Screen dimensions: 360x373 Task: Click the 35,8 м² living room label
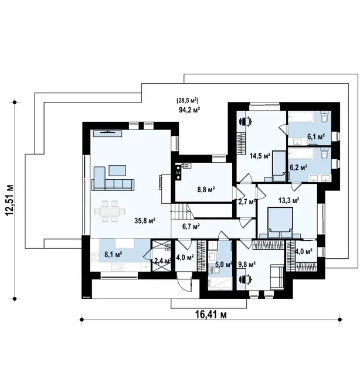coord(145,221)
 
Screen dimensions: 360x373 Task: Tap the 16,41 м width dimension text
coord(211,314)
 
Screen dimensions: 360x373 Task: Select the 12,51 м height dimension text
coord(9,200)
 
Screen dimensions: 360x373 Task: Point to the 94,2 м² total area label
coord(189,109)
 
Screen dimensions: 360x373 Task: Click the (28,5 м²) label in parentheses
coord(188,100)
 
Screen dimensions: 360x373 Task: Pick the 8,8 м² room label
coord(206,190)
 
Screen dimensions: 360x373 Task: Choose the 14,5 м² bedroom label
coord(260,156)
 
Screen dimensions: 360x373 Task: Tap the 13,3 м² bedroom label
coord(289,200)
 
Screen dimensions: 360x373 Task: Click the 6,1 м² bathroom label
coord(316,136)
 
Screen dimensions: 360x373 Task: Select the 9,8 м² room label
coord(247,264)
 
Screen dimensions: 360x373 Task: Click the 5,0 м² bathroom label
coord(224,264)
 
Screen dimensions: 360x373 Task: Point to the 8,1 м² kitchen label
coord(113,255)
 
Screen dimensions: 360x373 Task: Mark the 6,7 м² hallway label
coord(191,226)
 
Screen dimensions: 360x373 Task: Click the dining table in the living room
coord(110,211)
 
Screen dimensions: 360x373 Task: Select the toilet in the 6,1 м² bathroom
coord(324,117)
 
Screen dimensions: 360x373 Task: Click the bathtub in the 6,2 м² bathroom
coord(302,154)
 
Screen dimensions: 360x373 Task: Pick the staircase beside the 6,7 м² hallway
coord(183,211)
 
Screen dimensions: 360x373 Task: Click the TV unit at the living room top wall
coord(108,134)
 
